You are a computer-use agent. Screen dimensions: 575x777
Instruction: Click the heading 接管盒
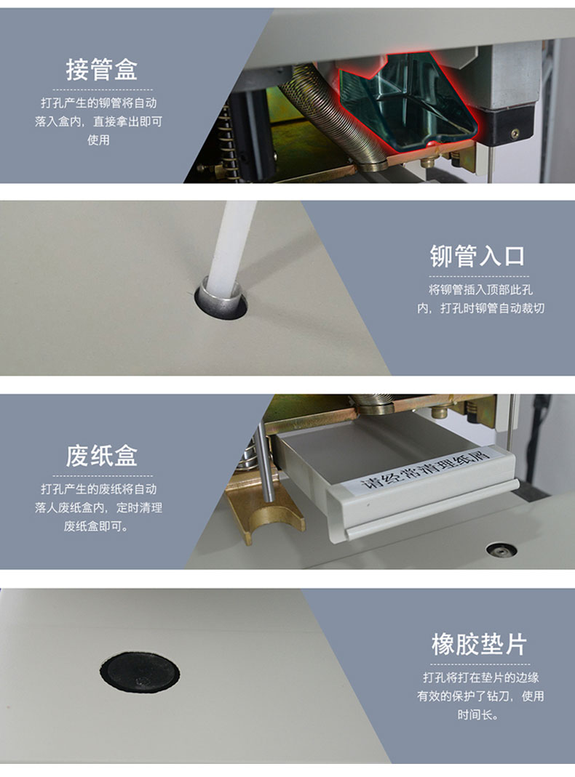point(102,69)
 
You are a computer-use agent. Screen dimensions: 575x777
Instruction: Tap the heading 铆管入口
point(477,256)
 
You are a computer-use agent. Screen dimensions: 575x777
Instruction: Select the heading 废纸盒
point(102,456)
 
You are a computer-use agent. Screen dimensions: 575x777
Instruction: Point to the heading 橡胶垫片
point(479,644)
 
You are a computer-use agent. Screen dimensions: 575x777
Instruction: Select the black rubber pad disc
point(140,672)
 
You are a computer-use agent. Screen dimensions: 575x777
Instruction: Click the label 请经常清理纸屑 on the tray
point(424,468)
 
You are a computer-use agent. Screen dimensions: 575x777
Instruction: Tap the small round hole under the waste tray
point(501,549)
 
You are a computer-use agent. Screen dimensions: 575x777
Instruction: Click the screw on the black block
point(515,133)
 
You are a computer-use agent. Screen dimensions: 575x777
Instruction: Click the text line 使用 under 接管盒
point(98,140)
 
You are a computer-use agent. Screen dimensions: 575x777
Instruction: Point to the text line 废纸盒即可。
point(96,526)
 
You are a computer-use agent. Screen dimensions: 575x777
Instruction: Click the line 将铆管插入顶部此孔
point(480,289)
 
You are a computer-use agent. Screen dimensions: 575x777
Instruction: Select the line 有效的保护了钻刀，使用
point(480,696)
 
